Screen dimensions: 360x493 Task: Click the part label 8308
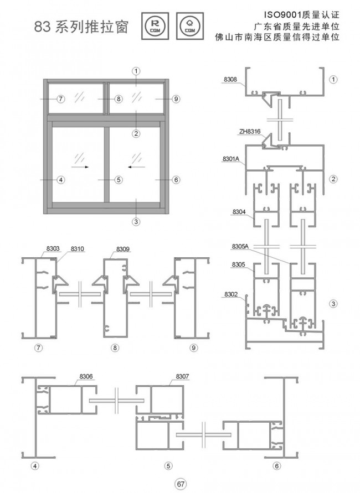pyautogui.click(x=230, y=80)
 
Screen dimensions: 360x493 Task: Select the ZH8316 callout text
pyautogui.click(x=250, y=132)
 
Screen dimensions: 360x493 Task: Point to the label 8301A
pyautogui.click(x=231, y=159)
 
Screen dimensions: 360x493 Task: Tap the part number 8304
pyautogui.click(x=239, y=212)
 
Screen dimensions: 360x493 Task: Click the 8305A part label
pyautogui.click(x=240, y=246)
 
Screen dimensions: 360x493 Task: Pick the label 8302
pyautogui.click(x=231, y=294)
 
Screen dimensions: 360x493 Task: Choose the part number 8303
pyautogui.click(x=53, y=248)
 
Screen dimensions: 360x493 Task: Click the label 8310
pyautogui.click(x=78, y=248)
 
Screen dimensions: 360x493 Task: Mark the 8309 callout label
pyautogui.click(x=123, y=249)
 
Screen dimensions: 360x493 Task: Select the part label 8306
pyautogui.click(x=86, y=376)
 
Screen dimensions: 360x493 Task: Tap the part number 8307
pyautogui.click(x=182, y=376)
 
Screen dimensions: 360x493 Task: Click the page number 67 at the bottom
pyautogui.click(x=181, y=484)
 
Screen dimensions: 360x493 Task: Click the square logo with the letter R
pyautogui.click(x=155, y=26)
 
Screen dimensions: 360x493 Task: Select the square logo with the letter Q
pyautogui.click(x=190, y=26)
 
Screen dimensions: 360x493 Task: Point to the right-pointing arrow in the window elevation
pyautogui.click(x=80, y=167)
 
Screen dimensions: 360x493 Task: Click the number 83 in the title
pyautogui.click(x=42, y=27)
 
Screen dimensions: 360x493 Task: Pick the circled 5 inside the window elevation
pyautogui.click(x=119, y=180)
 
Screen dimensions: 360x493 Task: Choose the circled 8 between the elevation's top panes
pyautogui.click(x=119, y=99)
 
